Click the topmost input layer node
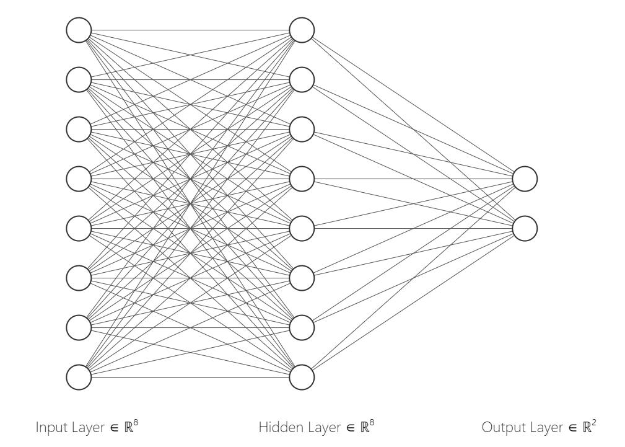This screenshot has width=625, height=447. coord(79,30)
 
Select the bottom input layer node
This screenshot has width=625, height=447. coord(79,377)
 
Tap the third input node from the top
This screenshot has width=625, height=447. coord(79,129)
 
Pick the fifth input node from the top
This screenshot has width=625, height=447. coord(79,228)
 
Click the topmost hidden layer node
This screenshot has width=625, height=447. coord(302,30)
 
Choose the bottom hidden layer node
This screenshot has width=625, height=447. coord(302,377)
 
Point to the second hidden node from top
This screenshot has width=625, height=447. coord(302,79)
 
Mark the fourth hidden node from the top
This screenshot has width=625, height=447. coord(302,179)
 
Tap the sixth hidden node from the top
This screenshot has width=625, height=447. coord(302,278)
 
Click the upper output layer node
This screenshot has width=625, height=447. coord(525,179)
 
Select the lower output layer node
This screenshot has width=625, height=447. coord(525,228)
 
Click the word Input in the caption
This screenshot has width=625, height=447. coord(50,428)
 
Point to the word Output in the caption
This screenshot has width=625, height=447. coord(499,427)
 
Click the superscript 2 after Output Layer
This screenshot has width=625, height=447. coord(595,422)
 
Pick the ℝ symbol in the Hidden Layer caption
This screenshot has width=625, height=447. coord(364,427)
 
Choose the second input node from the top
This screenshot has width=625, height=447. coord(79,79)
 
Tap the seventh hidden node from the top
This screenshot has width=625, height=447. coord(302,327)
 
